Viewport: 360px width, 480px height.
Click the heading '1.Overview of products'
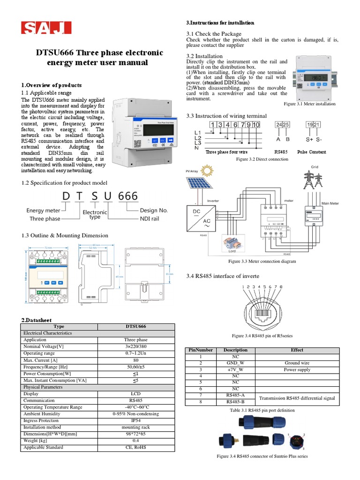tap(51, 85)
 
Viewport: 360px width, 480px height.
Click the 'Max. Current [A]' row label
tap(41, 360)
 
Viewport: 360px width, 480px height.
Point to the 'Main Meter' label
tap(330, 203)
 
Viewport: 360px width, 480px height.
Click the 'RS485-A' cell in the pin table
tap(235, 395)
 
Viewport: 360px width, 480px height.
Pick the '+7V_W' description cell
tap(235, 369)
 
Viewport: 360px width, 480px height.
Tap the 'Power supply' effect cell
tap(297, 369)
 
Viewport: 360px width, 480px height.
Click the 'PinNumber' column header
tap(200, 350)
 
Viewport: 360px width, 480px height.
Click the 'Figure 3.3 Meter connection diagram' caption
tap(262, 261)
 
